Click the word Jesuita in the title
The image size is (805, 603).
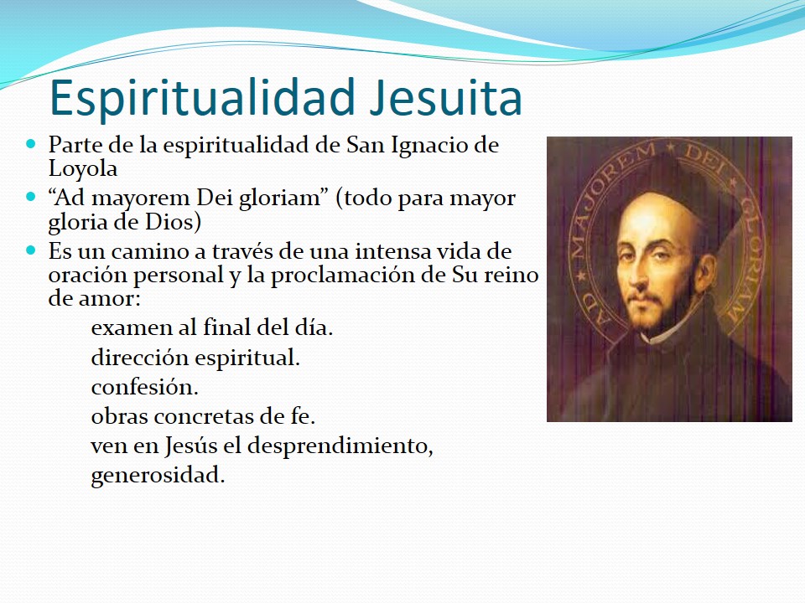tap(446, 97)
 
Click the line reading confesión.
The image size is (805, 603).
tap(144, 387)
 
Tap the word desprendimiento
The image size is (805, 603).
tap(340, 446)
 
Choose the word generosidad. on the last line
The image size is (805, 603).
tap(158, 476)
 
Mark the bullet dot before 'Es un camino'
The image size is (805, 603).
tap(31, 250)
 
